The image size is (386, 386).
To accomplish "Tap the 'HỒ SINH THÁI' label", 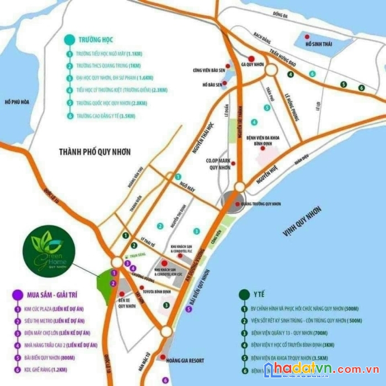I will pyautogui.click(x=320, y=44).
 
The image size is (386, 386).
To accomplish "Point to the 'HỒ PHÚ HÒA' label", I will pyautogui.click(x=17, y=101).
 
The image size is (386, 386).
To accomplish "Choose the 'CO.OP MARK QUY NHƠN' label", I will pyautogui.click(x=217, y=164).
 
